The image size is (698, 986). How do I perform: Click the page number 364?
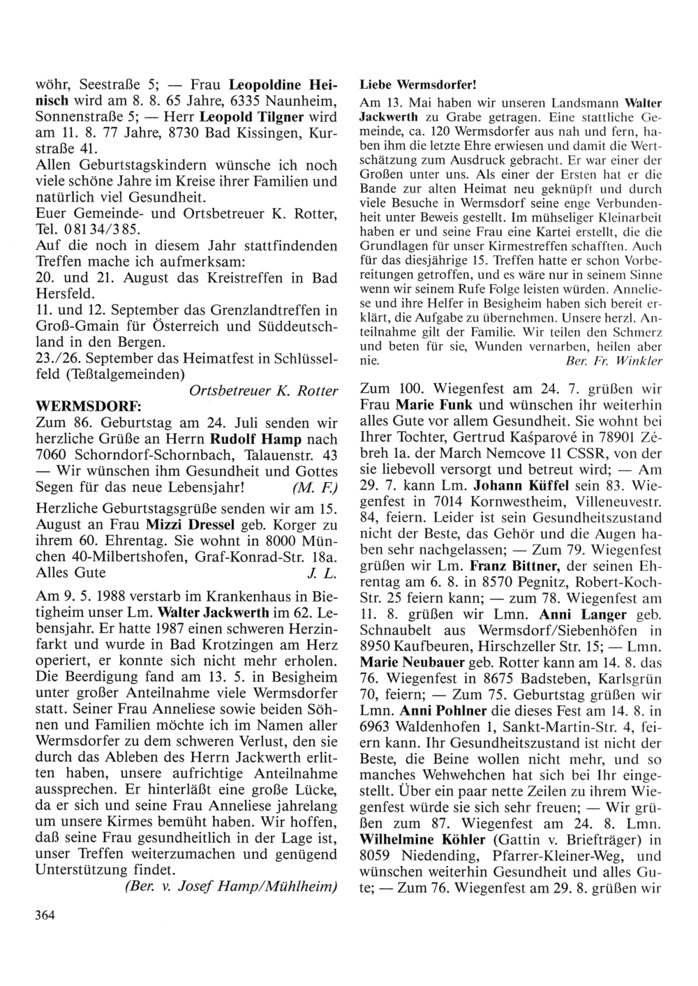[45, 915]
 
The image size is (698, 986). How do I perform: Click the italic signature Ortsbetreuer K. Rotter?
[263, 392]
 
